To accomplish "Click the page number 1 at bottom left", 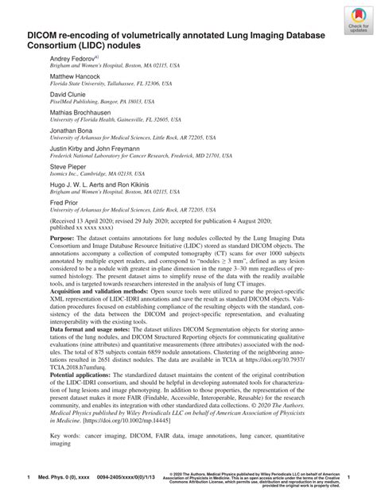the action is coord(29,476).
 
